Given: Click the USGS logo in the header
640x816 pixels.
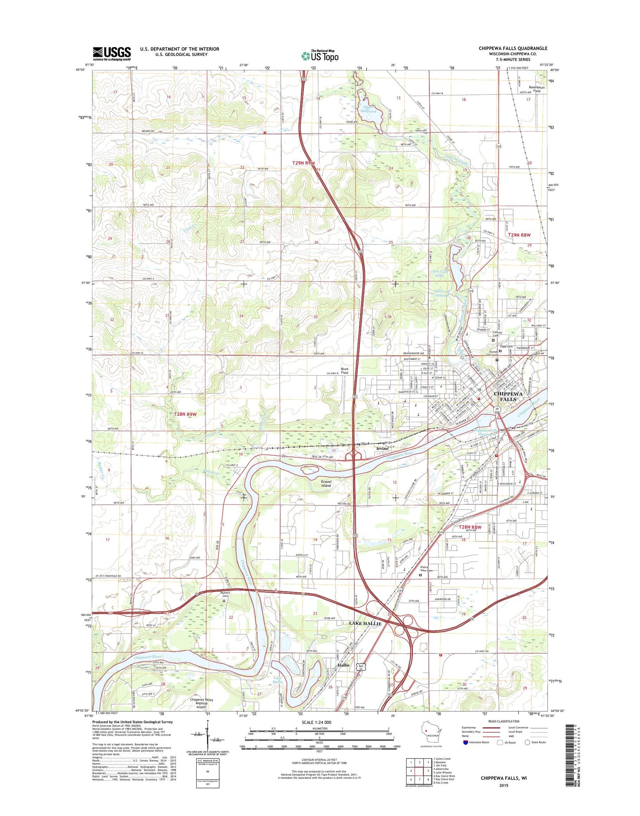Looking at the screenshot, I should pos(112,53).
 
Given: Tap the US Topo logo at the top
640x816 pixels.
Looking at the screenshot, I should pos(320,56).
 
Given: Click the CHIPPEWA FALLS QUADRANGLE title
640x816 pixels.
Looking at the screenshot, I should pos(512,48).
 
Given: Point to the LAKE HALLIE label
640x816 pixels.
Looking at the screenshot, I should pos(365,623).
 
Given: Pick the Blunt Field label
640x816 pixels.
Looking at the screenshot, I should pos(344,371).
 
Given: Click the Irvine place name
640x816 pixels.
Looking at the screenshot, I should pos(382,448).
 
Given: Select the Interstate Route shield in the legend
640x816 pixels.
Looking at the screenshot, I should pos(465,742).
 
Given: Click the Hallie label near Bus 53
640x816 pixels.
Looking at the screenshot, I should pos(343,665).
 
